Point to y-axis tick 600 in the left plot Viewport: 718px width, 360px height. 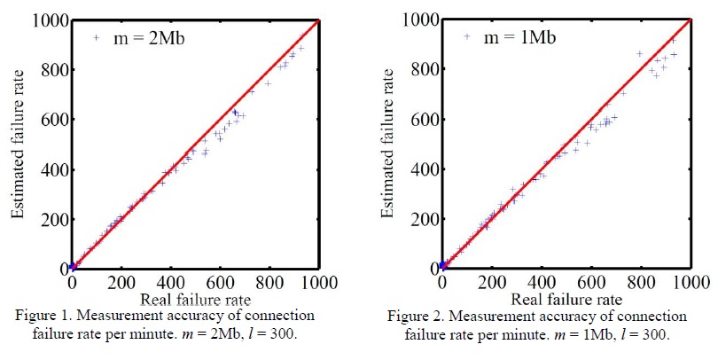pyautogui.click(x=53, y=119)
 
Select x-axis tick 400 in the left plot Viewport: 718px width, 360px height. pyautogui.click(x=170, y=284)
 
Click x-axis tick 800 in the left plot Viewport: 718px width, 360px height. pyautogui.click(x=269, y=284)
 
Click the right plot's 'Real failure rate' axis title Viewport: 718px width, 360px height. pyautogui.click(x=566, y=301)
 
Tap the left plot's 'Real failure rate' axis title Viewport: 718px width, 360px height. pyautogui.click(x=194, y=301)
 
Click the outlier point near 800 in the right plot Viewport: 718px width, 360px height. pyautogui.click(x=639, y=53)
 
